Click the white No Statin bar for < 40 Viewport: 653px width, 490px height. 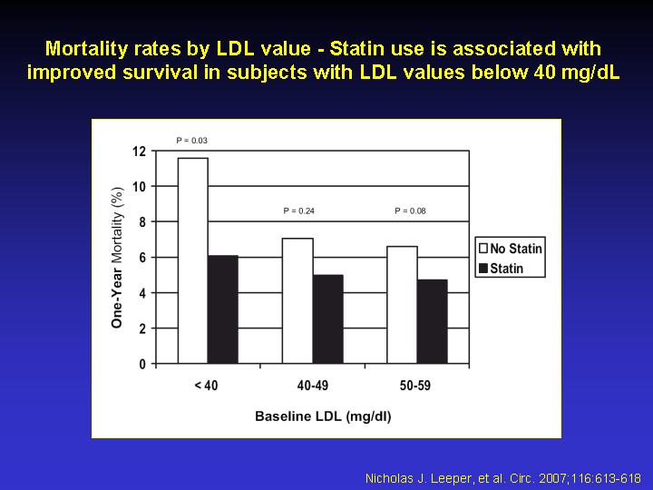(x=193, y=260)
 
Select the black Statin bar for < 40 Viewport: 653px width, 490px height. (x=223, y=309)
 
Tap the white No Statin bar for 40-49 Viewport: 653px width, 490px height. (x=297, y=301)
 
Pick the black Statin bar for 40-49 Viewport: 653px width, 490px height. (x=328, y=319)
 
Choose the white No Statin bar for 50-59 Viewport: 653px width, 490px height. (x=403, y=305)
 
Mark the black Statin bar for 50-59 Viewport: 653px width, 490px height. (x=433, y=321)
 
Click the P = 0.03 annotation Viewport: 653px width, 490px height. (x=191, y=141)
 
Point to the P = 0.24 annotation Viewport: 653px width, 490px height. (x=298, y=211)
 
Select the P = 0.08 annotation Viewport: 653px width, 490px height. (x=410, y=211)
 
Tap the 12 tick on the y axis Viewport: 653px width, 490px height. (x=139, y=152)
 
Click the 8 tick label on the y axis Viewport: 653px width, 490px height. (x=142, y=222)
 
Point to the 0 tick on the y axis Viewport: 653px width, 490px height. (x=142, y=364)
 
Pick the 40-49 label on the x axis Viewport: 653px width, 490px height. (x=312, y=386)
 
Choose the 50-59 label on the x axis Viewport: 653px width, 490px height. (x=415, y=386)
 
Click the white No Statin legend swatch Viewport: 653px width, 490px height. (x=483, y=249)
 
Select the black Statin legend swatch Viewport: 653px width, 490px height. (x=483, y=268)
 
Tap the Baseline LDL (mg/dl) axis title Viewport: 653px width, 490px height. (x=323, y=416)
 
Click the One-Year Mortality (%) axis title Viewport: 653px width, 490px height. (x=117, y=258)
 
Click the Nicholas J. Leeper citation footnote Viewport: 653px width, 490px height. (x=502, y=478)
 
